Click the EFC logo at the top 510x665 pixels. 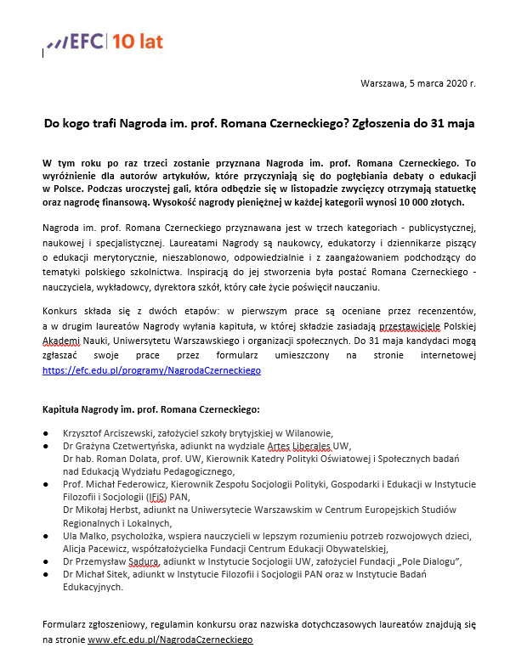105,41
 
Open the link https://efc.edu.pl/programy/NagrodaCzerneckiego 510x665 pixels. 151,370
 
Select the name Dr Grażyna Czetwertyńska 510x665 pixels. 122,446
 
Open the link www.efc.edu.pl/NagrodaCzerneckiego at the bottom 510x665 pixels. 170,639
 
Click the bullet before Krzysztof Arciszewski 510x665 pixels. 46,433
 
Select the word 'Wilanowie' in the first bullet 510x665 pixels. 309,432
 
